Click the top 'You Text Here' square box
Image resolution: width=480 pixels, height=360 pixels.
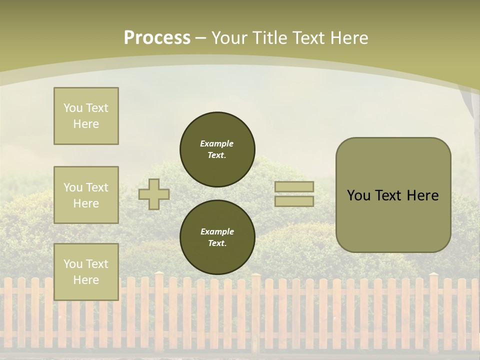(x=86, y=116)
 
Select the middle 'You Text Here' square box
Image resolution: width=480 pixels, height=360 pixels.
(x=86, y=195)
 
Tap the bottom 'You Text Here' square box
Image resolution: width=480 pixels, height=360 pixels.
(x=86, y=271)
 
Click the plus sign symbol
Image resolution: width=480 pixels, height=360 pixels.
(x=154, y=194)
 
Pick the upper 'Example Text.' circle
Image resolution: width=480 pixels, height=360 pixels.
(x=217, y=149)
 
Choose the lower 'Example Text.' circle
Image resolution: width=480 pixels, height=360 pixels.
(x=217, y=237)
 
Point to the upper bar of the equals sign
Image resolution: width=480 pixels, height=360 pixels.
(x=294, y=187)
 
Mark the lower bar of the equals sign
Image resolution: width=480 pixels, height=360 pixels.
(x=294, y=201)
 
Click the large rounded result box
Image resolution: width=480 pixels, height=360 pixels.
(x=393, y=195)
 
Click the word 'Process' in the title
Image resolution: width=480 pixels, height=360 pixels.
(x=157, y=38)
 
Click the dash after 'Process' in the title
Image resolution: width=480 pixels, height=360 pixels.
(x=201, y=38)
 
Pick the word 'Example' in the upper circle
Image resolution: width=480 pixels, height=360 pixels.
(x=217, y=143)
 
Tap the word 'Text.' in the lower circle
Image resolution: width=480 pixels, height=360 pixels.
(x=217, y=243)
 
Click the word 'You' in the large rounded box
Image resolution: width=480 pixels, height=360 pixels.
(x=358, y=195)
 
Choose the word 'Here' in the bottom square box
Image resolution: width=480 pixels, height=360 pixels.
(x=86, y=280)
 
